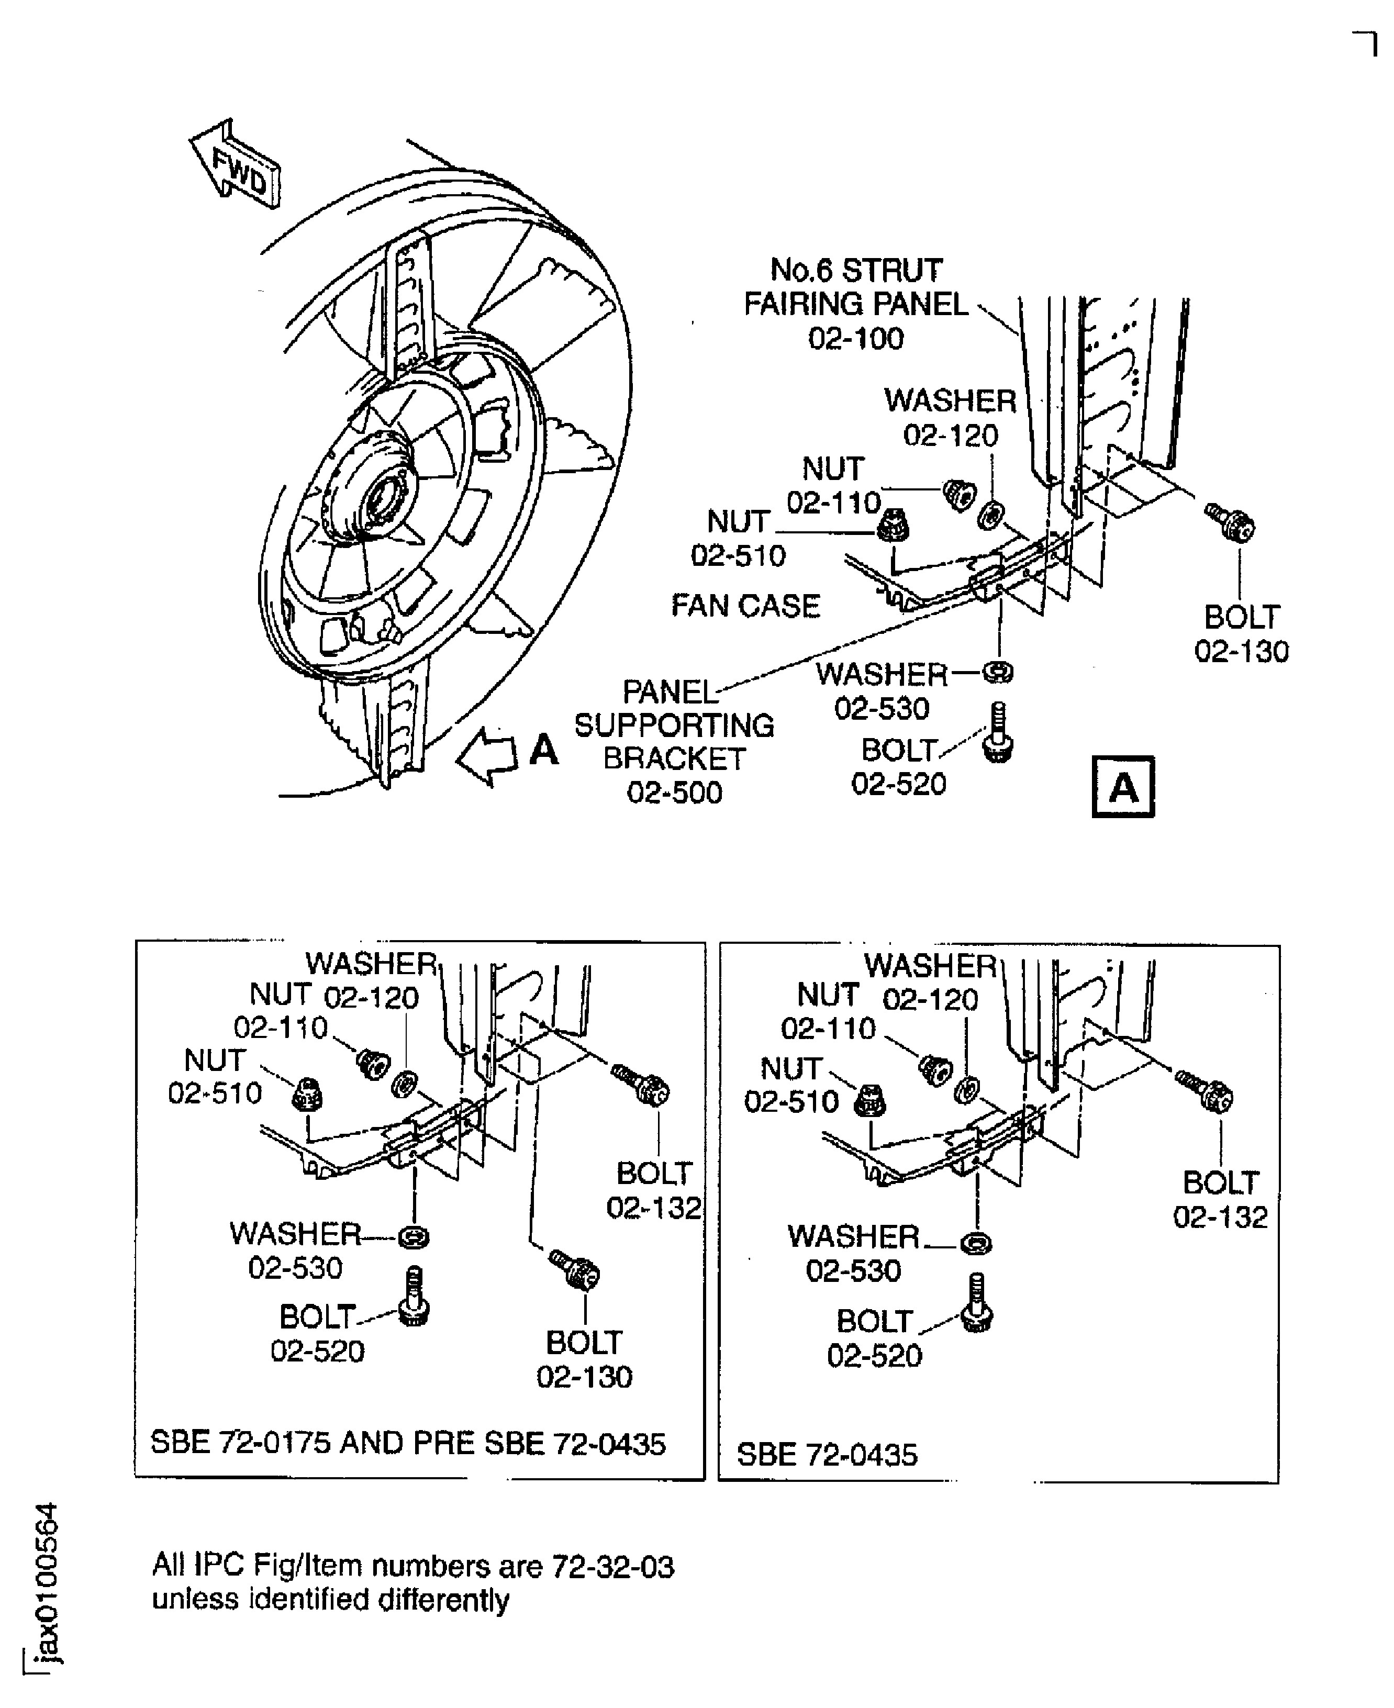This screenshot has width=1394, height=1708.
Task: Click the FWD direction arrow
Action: [235, 164]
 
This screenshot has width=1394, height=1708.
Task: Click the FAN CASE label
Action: [745, 606]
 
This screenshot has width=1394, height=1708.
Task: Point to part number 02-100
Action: [856, 339]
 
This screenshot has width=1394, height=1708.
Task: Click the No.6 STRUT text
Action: [856, 271]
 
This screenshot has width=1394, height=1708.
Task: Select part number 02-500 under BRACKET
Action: [675, 792]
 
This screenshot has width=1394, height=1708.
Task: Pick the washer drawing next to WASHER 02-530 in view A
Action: [998, 672]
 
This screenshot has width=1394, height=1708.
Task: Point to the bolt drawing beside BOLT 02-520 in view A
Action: [998, 734]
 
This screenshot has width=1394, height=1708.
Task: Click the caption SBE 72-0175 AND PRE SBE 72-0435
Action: [408, 1444]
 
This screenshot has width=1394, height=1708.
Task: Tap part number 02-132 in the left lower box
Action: [654, 1208]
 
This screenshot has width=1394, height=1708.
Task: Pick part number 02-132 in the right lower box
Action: [1220, 1218]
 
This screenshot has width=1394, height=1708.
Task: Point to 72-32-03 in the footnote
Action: [612, 1567]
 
